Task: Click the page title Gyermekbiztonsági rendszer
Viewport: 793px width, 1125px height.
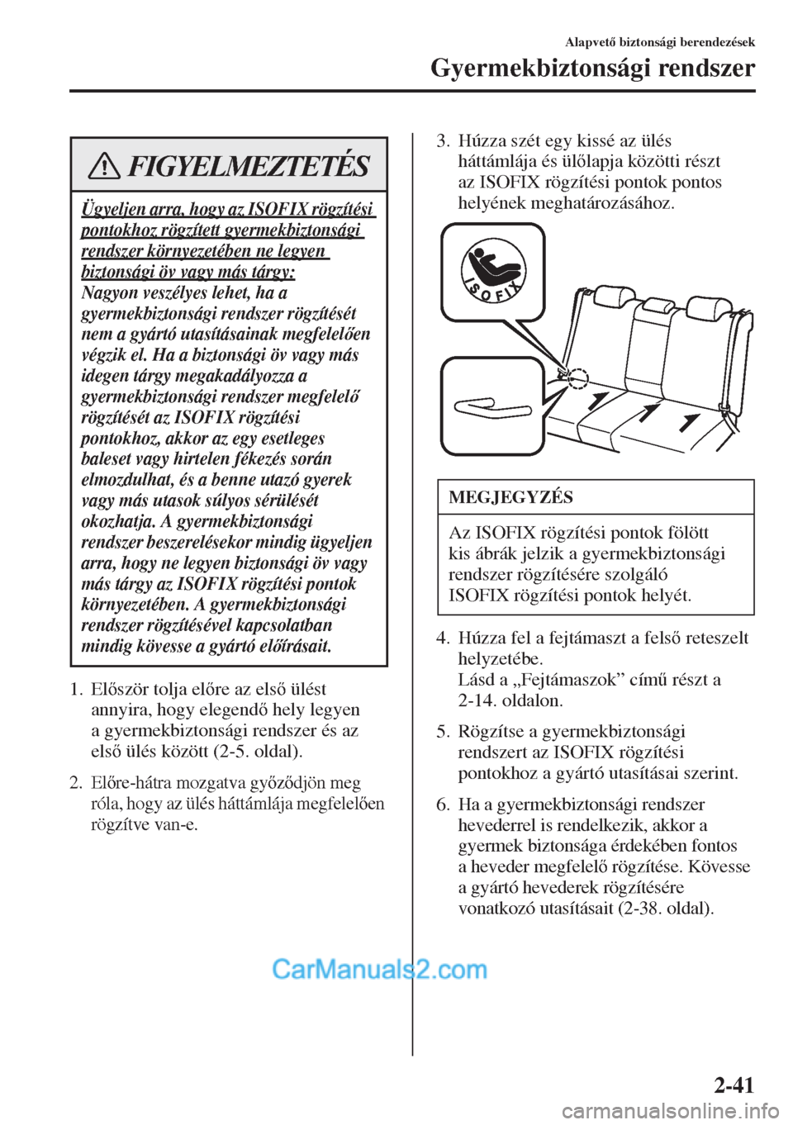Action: click(592, 69)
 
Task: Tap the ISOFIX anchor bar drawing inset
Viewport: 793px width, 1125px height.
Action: click(490, 406)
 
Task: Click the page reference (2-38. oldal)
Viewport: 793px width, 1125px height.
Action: click(665, 908)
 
